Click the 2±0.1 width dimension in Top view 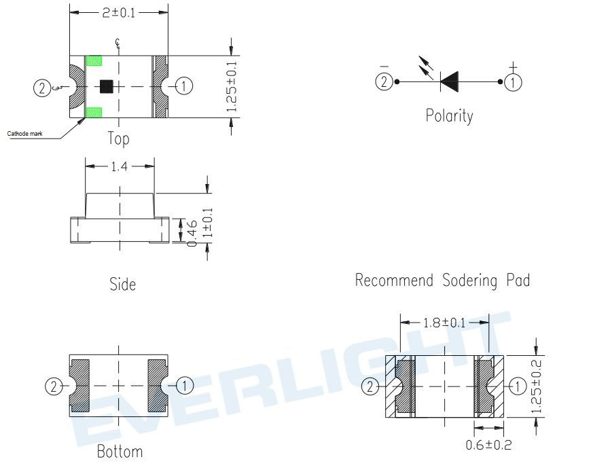pos(118,13)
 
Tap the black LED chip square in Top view pos(106,87)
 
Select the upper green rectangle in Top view pos(94,60)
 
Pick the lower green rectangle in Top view pos(94,113)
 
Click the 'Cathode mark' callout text pos(24,134)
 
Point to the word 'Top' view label pos(118,139)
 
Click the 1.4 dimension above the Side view pos(119,166)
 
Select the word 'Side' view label pos(122,285)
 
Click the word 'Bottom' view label pos(120,452)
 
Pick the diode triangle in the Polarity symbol pos(450,81)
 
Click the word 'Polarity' pos(449,115)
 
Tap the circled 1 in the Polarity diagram pos(513,82)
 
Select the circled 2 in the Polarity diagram pos(384,81)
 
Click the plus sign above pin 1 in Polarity pos(513,67)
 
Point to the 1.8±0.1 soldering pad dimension pos(444,323)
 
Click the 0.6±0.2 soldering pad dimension pos(488,445)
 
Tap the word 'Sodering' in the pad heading pos(469,280)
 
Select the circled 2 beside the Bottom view pos(54,386)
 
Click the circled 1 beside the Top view pos(184,86)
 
